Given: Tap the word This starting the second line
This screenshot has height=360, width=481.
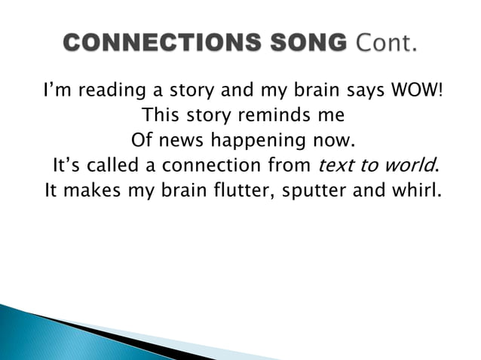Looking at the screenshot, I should coord(161,117).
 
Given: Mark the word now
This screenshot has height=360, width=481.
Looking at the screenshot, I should coord(336,141).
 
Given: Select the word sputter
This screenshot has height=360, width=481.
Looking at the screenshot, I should coord(311,189).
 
